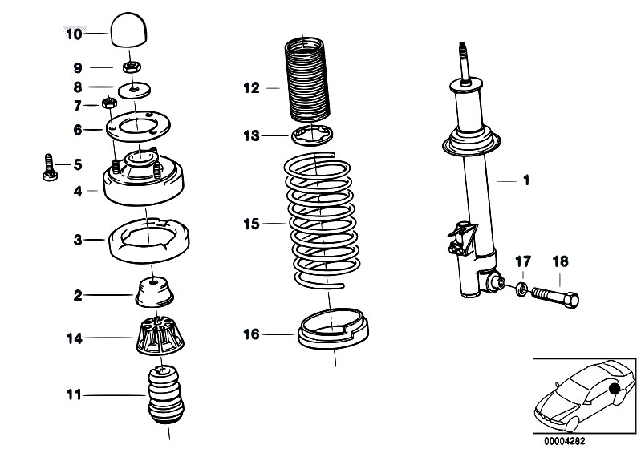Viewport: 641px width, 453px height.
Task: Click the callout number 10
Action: coord(73,34)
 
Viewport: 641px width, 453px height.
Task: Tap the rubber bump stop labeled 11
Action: coord(167,394)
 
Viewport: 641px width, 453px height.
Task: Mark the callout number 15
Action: coord(252,224)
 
